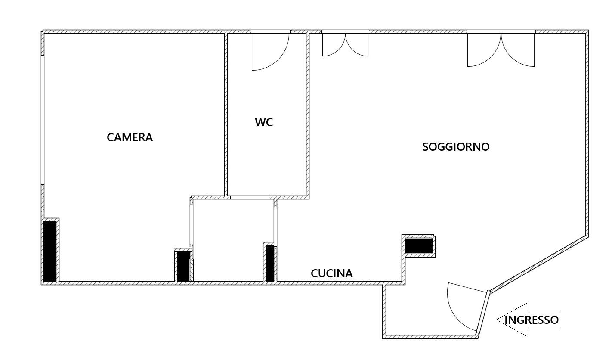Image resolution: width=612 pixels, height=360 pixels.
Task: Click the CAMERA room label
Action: pos(130,137)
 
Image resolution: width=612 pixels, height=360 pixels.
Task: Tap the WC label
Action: pos(264,122)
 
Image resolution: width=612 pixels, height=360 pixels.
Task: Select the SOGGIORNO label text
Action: pos(456,147)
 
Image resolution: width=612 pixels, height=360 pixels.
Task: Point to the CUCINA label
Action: pos(332,273)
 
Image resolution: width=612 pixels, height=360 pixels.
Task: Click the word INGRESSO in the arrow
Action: pos(531,320)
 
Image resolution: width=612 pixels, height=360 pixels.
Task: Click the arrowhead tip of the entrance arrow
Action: pos(497,320)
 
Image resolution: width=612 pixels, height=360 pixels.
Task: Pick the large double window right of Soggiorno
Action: pos(501,49)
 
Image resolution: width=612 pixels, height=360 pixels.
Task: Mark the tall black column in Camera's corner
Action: pos(50,251)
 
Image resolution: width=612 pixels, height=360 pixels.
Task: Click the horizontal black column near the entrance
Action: pos(419,246)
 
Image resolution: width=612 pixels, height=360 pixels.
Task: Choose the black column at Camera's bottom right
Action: pos(184,267)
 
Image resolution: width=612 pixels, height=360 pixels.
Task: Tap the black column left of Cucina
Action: pos(270,264)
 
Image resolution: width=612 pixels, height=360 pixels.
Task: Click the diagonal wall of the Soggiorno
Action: pos(538,264)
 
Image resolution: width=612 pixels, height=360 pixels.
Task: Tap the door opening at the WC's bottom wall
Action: pos(250,197)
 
